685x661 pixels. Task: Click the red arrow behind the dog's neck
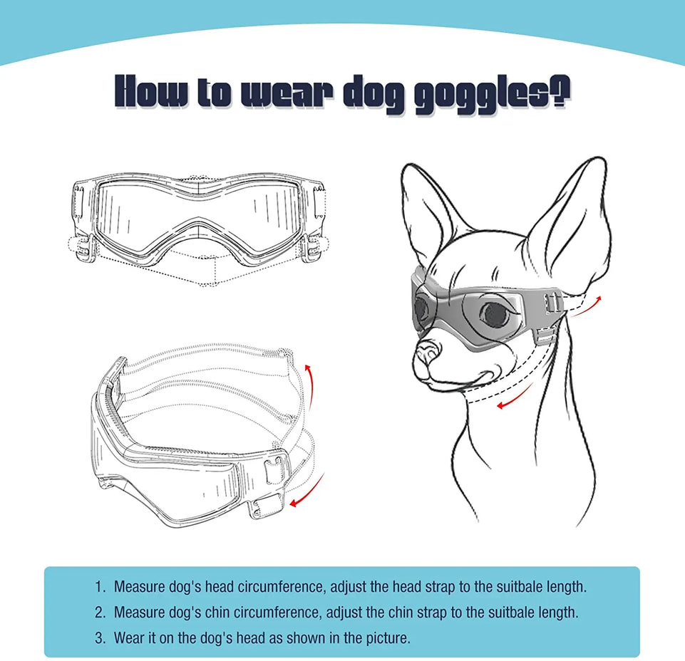pos(587,305)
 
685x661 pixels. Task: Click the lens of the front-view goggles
pos(199,207)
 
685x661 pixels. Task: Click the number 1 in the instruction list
pos(98,588)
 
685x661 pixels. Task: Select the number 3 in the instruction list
pos(98,637)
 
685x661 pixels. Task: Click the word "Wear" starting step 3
pos(129,637)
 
